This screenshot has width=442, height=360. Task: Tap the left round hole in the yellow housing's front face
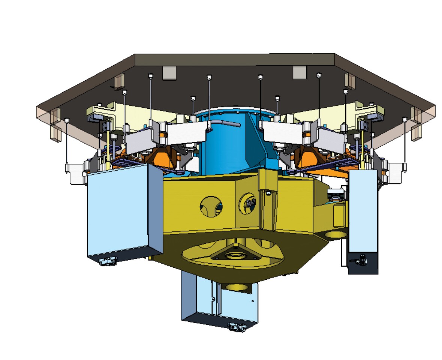pos(211,206)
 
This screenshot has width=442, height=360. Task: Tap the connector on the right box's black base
pos(363,258)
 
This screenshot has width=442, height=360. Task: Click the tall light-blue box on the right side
pos(363,210)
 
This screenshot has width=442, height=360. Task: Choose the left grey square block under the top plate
pos(169,73)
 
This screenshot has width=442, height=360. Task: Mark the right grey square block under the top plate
pos(300,73)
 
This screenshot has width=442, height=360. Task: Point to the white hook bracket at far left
pos(75,173)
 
